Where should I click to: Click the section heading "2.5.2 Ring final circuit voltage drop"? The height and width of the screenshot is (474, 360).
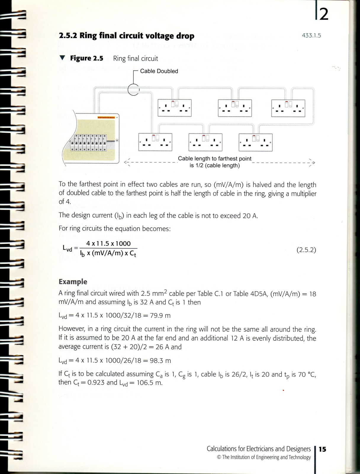click(x=126, y=36)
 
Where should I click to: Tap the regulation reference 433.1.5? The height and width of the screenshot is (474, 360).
click(x=311, y=36)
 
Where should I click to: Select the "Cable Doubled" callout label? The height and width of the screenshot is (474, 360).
click(x=159, y=71)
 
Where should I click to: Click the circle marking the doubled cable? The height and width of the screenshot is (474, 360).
click(x=134, y=89)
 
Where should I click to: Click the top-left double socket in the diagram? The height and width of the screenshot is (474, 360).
click(x=175, y=108)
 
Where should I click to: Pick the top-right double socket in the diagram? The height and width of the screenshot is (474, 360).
click(x=288, y=108)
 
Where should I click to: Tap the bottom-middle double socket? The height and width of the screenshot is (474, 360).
click(x=205, y=142)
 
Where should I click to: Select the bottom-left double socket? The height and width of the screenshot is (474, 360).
click(x=155, y=142)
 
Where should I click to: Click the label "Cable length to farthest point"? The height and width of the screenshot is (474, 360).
click(x=214, y=158)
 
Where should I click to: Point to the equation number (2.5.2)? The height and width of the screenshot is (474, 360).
click(x=306, y=250)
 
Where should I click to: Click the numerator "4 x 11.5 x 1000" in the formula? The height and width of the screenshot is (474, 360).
click(x=108, y=244)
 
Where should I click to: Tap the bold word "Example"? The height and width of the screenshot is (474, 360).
click(x=73, y=281)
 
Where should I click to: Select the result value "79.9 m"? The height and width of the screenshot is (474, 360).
click(x=160, y=316)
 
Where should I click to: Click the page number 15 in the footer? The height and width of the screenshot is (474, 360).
click(x=322, y=449)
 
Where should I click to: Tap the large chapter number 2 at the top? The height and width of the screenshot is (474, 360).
click(x=324, y=14)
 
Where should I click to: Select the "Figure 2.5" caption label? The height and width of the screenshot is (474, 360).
click(x=86, y=58)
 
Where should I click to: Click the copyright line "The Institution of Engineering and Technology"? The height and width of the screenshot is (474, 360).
click(x=266, y=457)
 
